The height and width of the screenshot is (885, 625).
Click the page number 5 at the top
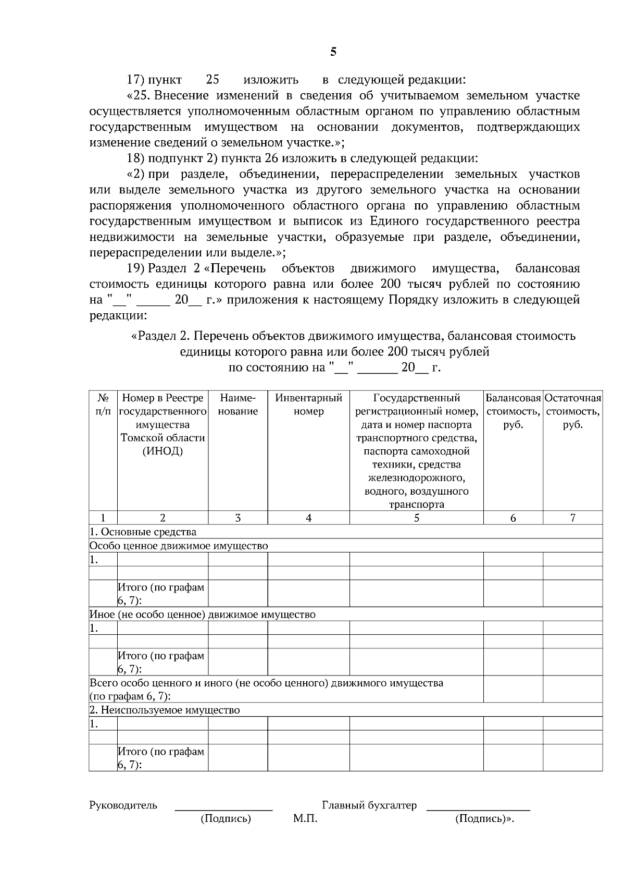[333, 52]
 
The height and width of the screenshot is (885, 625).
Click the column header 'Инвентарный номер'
[308, 405]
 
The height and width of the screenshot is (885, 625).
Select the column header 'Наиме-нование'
[238, 405]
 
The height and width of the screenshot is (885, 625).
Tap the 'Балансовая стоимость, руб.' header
[513, 411]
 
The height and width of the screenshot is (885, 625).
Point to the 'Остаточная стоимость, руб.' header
[572, 411]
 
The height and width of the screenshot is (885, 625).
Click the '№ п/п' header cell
[103, 405]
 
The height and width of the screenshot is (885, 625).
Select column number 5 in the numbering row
[416, 518]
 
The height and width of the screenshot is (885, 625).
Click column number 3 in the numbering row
[238, 518]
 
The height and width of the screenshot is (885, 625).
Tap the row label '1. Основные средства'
[143, 532]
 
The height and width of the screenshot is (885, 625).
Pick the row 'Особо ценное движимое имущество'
[179, 546]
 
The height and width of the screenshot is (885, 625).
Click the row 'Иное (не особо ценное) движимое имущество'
[203, 614]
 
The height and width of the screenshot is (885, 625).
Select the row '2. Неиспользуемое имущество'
[165, 710]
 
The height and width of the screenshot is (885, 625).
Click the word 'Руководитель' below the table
[123, 805]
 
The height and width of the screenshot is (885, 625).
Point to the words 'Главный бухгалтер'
[369, 805]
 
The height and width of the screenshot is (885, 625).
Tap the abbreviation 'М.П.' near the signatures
[305, 819]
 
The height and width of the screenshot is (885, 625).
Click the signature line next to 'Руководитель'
[223, 809]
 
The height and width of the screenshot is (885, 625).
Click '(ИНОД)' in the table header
[162, 451]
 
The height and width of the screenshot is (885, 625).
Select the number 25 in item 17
[213, 80]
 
